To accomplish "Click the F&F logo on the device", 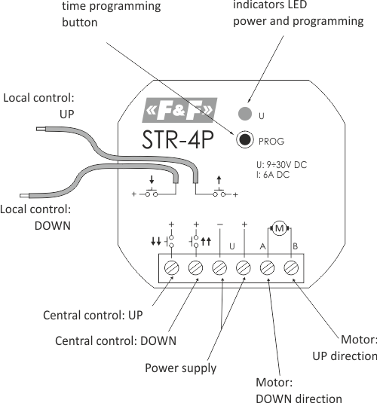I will click(179, 114).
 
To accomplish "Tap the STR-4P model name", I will click(179, 140).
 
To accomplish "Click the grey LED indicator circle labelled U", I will click(244, 115).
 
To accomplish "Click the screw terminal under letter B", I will click(292, 268).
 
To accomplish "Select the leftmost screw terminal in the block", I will click(172, 268).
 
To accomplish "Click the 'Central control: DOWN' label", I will click(115, 340).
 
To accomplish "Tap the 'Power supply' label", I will click(180, 368).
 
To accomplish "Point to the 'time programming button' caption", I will click(111, 14).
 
